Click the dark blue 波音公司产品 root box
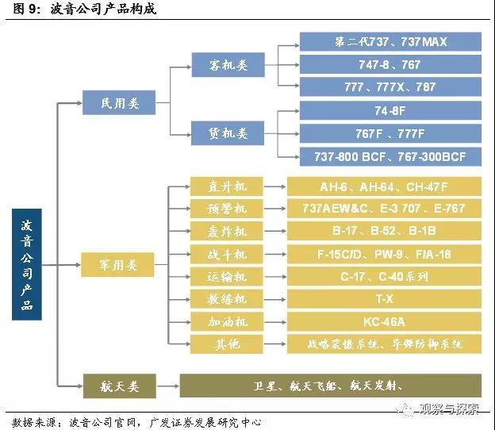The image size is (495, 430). tap(27, 264)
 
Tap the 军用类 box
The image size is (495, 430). tap(120, 265)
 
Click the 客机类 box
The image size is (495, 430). tap(228, 65)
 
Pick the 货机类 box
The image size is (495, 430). tap(228, 132)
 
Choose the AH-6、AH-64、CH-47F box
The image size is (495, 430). tap(384, 186)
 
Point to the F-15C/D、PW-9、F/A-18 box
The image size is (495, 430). tap(384, 254)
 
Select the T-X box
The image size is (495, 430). tap(384, 299)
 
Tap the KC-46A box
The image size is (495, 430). tap(384, 322)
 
